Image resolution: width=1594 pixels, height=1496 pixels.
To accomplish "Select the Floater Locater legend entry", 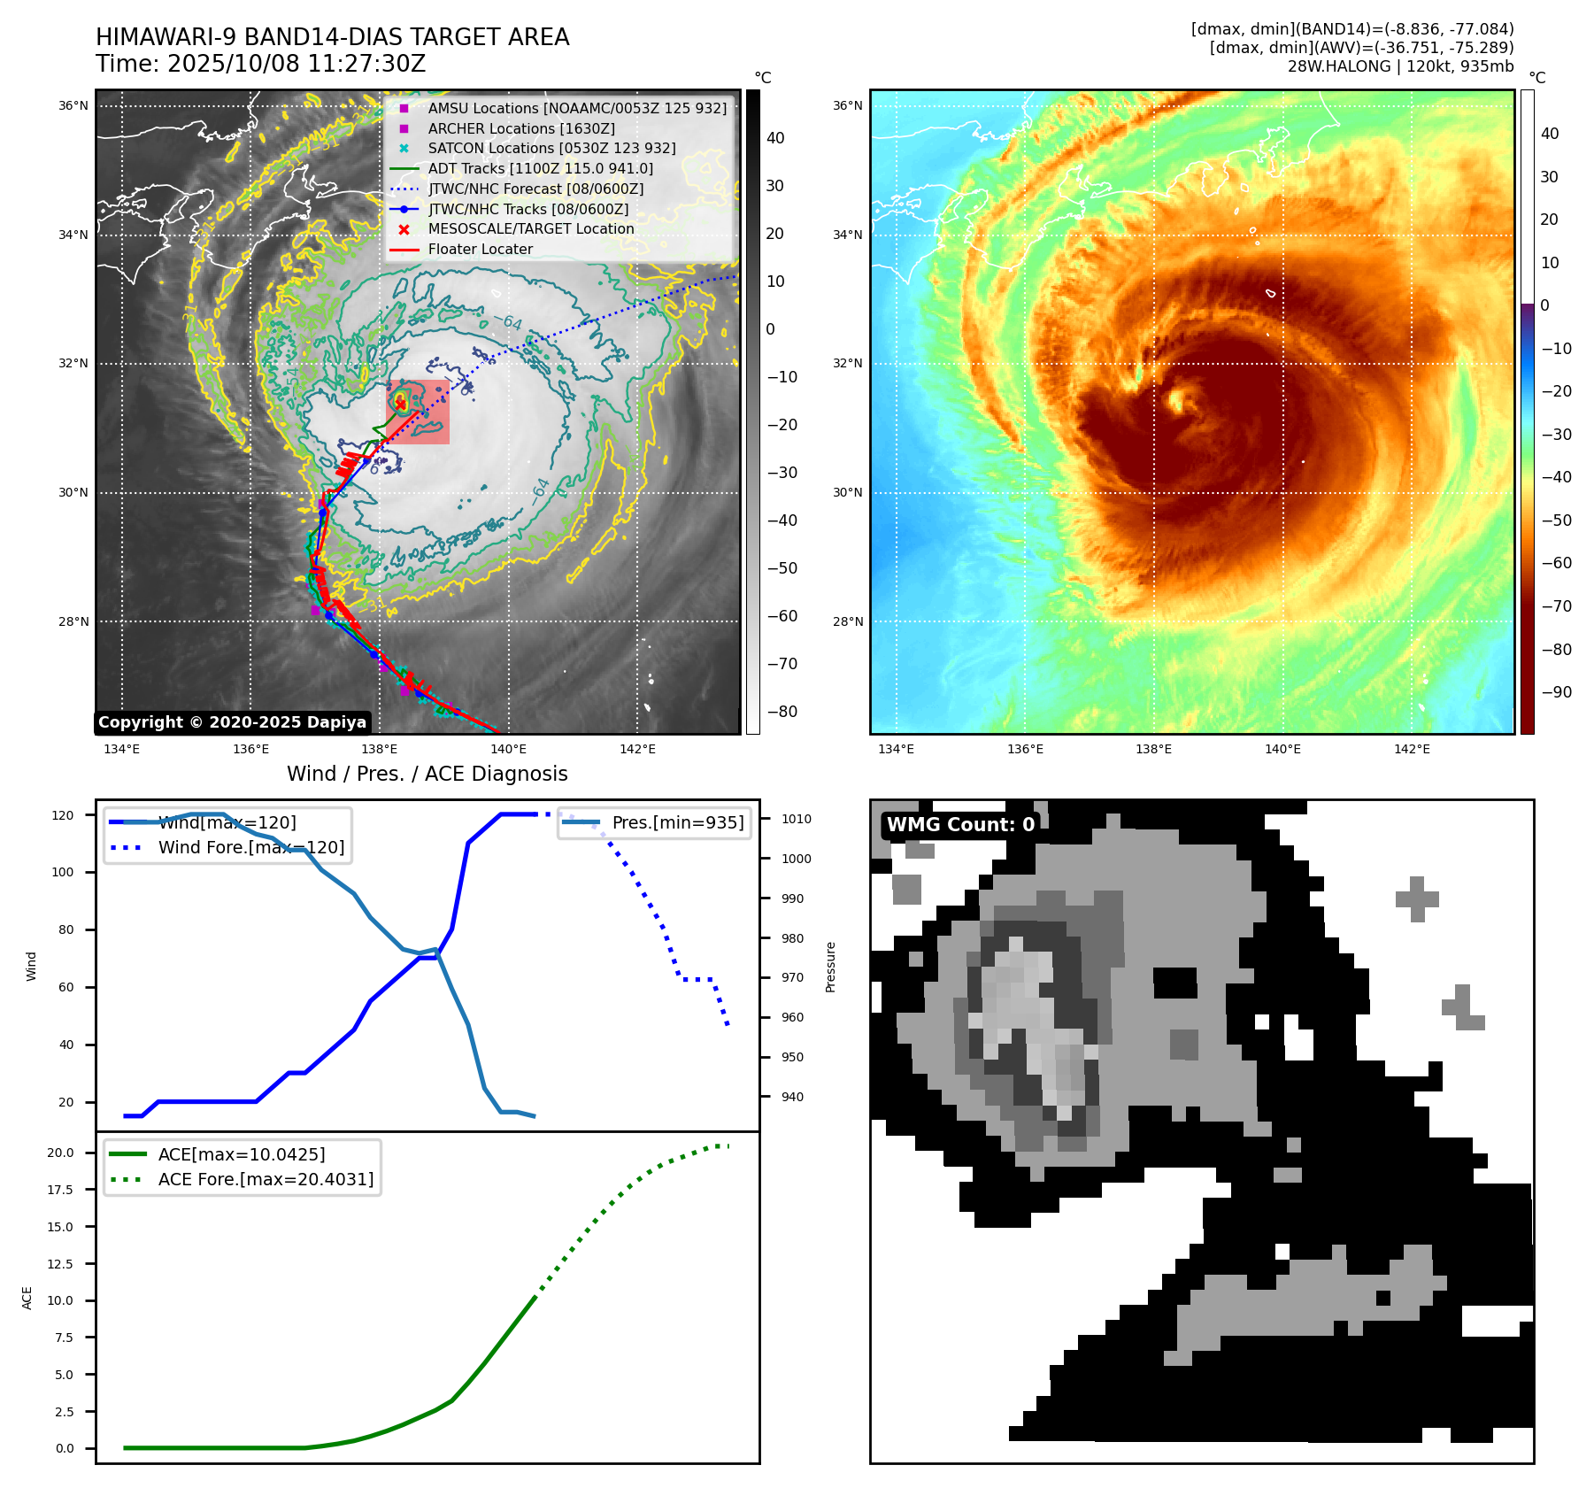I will [x=480, y=250].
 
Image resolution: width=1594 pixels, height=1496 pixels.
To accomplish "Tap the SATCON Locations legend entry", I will [x=551, y=149].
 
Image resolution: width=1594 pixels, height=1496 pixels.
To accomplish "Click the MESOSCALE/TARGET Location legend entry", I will [x=530, y=229].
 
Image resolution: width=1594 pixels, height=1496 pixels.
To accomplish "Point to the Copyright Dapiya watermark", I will [x=232, y=722].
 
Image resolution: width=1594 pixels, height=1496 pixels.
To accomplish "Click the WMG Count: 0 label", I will [x=960, y=825].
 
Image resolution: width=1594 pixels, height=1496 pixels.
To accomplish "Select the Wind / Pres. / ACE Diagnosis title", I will [x=427, y=774].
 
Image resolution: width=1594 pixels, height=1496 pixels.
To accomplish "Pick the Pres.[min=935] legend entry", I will [x=677, y=823].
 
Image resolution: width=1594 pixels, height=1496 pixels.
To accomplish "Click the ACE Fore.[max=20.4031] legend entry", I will [x=266, y=1180].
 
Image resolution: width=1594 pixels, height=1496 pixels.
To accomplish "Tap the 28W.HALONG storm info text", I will [x=1400, y=66].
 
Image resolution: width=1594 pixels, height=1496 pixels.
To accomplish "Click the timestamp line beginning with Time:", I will [x=261, y=64].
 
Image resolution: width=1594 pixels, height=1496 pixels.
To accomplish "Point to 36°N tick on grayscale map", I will [x=73, y=106].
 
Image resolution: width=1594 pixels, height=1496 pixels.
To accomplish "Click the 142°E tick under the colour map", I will [x=1412, y=750].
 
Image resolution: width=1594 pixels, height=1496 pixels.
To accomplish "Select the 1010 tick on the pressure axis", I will [x=796, y=820].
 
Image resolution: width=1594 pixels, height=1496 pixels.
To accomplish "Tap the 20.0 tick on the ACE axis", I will [x=61, y=1153].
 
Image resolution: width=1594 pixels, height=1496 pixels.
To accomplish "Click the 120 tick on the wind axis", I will [x=63, y=815].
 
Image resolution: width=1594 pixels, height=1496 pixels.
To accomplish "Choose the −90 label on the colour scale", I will [x=1556, y=692].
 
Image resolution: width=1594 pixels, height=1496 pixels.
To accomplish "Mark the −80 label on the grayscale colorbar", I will [x=782, y=712].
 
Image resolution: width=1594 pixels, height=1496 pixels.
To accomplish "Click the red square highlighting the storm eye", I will [x=419, y=413].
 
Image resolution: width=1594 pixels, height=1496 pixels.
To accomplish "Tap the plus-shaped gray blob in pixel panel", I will [x=1417, y=899].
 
